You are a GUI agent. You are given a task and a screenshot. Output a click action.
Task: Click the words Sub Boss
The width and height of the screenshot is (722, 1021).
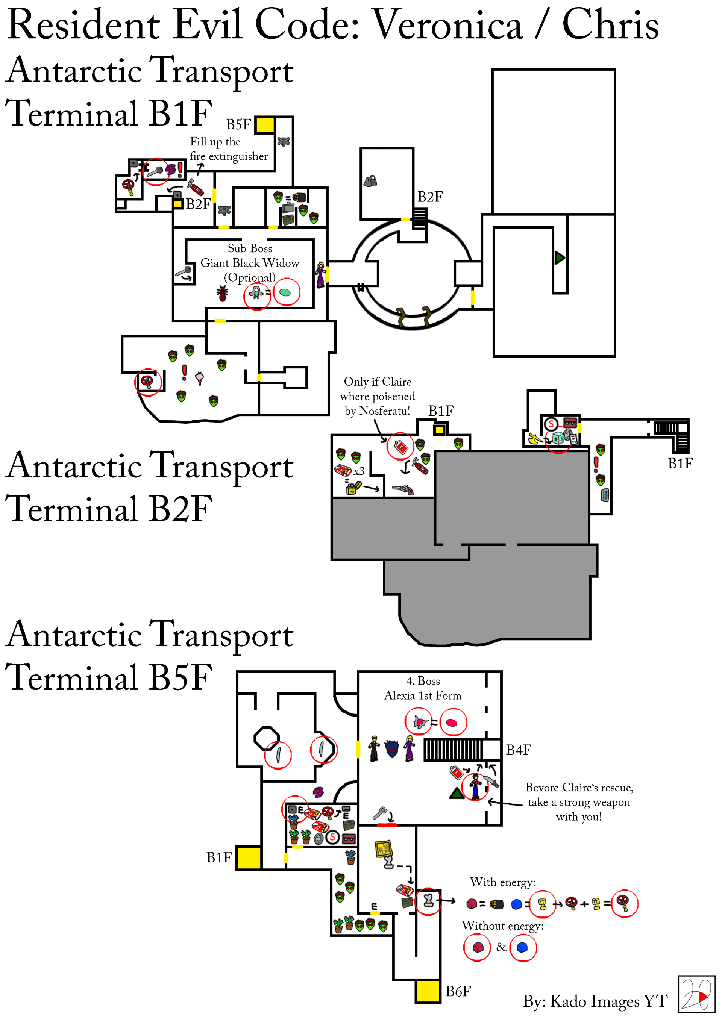pos(250,248)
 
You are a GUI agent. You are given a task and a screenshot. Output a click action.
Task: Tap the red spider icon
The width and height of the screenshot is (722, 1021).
pos(222,293)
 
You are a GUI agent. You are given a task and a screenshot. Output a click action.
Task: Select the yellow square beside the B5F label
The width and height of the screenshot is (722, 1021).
pos(265,125)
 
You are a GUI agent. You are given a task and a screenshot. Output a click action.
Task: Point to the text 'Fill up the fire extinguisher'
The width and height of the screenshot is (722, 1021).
pos(228,149)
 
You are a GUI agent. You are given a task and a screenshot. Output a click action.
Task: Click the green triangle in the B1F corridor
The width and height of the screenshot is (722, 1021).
pos(559,258)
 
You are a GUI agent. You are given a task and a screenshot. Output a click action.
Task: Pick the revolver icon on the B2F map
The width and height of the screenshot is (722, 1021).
pos(403,489)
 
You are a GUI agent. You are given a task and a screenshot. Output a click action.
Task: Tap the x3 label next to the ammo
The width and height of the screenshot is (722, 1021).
pos(358,471)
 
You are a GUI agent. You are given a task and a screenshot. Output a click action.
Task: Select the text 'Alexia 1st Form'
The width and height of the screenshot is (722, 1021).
pos(423,695)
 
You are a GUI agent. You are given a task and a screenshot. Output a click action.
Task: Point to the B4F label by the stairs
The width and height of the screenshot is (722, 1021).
pos(518,750)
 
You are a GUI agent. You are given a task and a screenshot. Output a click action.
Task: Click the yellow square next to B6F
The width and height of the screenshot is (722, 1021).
pos(428,991)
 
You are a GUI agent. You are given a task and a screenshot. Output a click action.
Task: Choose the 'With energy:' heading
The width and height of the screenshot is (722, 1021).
pos(503,882)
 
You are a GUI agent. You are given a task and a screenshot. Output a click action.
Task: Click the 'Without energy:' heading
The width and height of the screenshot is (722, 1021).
pos(503,926)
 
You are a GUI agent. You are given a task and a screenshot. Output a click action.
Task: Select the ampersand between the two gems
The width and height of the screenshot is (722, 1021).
pos(501,948)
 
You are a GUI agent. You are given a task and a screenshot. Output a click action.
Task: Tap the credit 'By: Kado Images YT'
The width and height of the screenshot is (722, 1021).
pos(595,1001)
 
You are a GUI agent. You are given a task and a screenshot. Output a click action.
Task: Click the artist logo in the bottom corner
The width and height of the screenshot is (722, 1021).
pos(696,994)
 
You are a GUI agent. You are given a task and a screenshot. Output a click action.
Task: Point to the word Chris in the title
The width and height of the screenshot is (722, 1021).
pos(610,25)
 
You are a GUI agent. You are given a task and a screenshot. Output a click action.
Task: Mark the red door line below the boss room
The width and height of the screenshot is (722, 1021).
pos(387,825)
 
